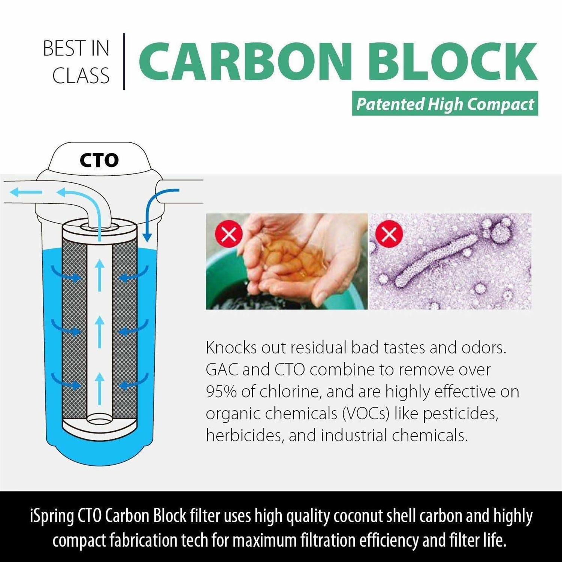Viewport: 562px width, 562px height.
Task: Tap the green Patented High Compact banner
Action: click(445, 104)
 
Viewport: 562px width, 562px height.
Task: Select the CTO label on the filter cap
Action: click(99, 160)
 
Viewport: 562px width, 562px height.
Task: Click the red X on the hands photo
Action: click(229, 234)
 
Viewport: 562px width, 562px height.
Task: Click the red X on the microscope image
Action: click(389, 234)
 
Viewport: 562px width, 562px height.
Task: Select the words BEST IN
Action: click(76, 49)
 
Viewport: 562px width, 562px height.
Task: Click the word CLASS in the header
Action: click(81, 76)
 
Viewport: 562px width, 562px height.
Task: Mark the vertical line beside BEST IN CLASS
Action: click(124, 62)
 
